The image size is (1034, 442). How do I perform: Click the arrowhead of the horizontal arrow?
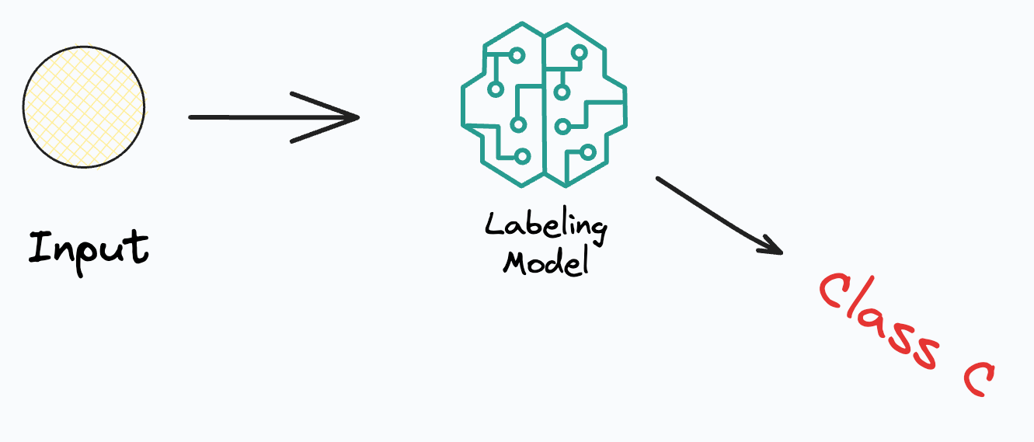point(353,118)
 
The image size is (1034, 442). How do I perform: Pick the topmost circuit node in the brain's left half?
point(515,54)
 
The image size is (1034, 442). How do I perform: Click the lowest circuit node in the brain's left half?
point(523,156)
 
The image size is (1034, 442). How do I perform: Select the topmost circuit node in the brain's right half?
point(578,54)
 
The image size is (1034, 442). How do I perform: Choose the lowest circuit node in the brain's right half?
point(587,151)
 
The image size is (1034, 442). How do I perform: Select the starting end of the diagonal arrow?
point(660,179)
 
